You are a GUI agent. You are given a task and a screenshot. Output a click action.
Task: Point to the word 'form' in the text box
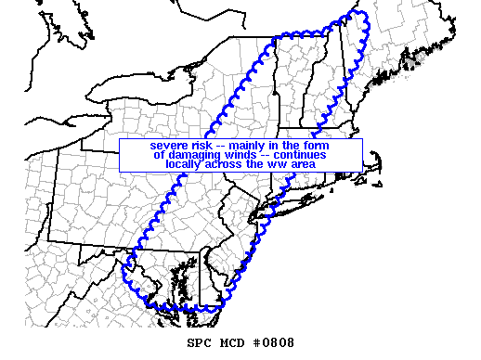pos(317,146)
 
